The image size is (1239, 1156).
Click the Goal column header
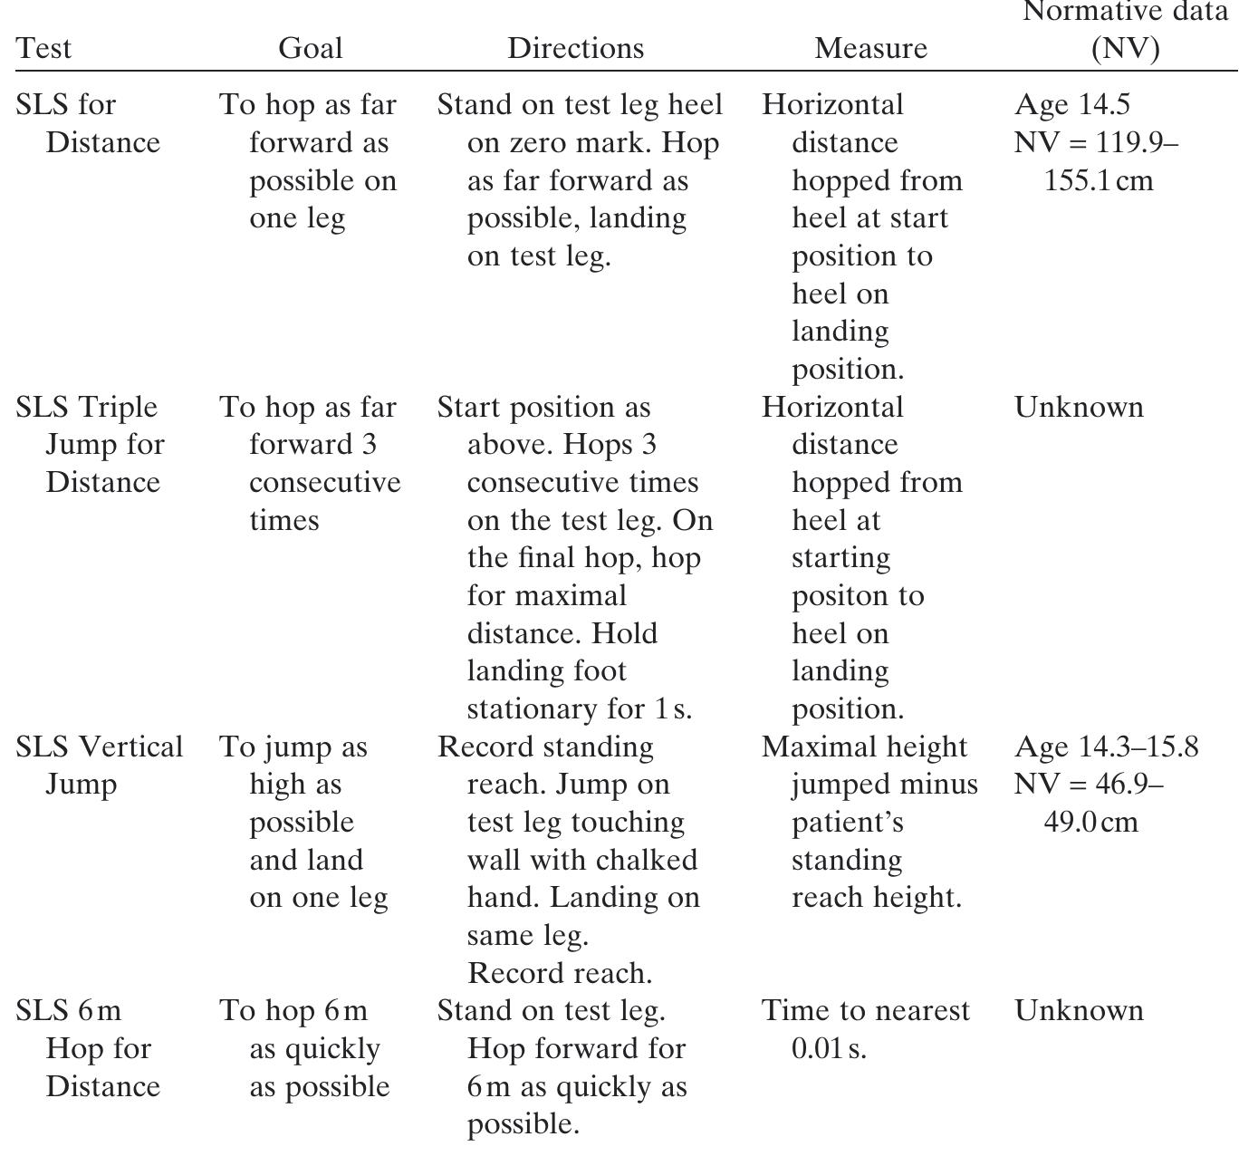tap(310, 48)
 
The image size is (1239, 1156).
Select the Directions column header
tap(575, 48)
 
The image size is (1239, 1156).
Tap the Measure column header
tap(870, 48)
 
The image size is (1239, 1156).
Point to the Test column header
tap(43, 48)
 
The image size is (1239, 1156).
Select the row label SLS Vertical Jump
tap(99, 766)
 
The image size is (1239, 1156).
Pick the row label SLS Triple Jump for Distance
tap(91, 445)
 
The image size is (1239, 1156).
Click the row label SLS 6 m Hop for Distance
tap(88, 1048)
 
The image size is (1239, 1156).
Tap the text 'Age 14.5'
tap(1071, 105)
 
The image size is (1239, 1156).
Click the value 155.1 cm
tap(1099, 180)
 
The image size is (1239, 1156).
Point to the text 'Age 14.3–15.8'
tap(1106, 747)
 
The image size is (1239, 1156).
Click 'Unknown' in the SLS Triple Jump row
tap(1079, 408)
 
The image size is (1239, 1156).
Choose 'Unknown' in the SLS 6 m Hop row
tap(1079, 1011)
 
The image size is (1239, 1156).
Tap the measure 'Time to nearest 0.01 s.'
tap(865, 1029)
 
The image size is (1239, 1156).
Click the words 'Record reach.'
tap(560, 973)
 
